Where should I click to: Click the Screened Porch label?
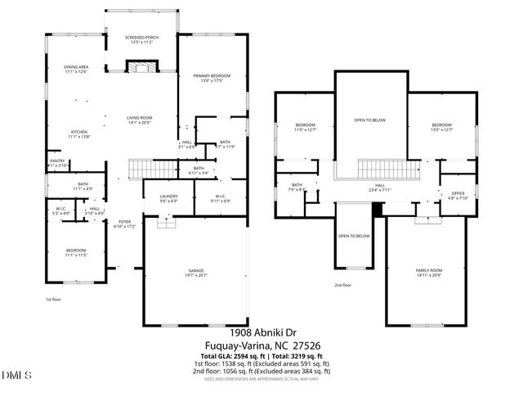click(140, 39)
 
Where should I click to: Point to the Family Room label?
click(427, 272)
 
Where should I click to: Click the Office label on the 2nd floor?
click(457, 196)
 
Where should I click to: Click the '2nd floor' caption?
click(343, 286)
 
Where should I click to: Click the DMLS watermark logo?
click(17, 376)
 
